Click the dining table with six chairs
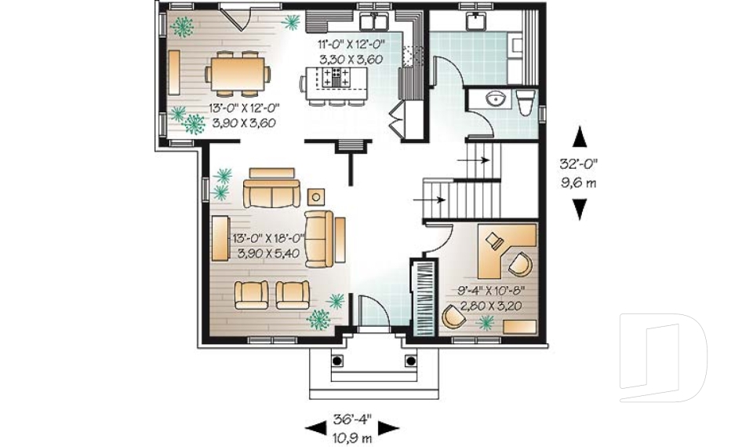[x=238, y=75]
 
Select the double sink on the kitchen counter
[x=375, y=20]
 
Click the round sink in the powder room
[x=496, y=99]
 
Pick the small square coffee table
[x=316, y=196]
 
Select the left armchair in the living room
[x=251, y=293]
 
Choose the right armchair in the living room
[x=293, y=293]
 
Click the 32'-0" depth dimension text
[x=580, y=166]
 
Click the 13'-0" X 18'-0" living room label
[x=267, y=245]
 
